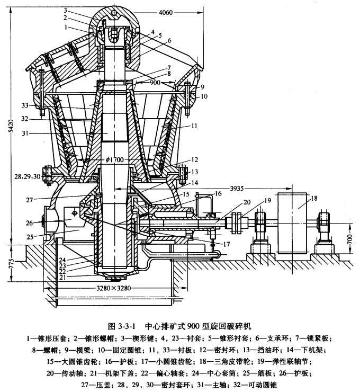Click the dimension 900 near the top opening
coord(155,83)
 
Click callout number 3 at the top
coord(66,10)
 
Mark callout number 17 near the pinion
coord(227,245)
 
